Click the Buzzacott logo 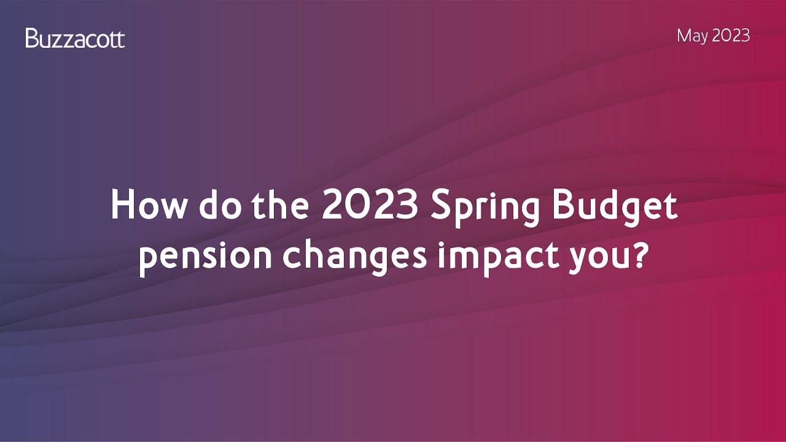click(75, 39)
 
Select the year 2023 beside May click(731, 36)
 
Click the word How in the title click(147, 205)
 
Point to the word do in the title click(213, 205)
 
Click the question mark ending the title click(640, 253)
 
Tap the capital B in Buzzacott click(31, 39)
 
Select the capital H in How click(122, 205)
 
